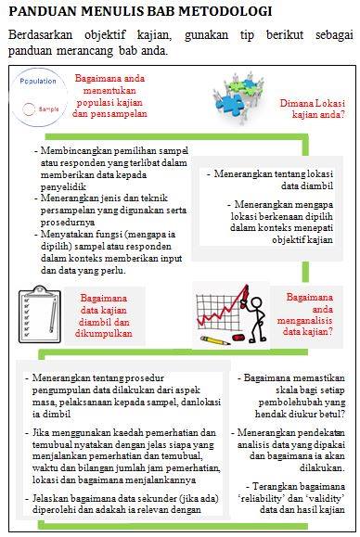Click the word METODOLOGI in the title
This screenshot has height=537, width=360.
click(225, 11)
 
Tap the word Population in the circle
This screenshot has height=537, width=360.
click(38, 82)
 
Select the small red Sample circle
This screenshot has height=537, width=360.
click(29, 109)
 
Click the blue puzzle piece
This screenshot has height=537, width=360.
click(228, 103)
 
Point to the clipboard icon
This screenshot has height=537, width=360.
click(40, 314)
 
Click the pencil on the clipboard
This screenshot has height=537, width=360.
click(53, 315)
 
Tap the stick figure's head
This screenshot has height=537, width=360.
click(256, 303)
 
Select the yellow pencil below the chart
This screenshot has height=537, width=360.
click(214, 340)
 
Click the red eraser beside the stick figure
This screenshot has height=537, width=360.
click(238, 338)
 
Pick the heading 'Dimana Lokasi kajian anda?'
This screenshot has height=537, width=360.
click(312, 109)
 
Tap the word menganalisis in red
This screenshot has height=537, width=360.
click(304, 321)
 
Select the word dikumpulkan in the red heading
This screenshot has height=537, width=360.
click(103, 334)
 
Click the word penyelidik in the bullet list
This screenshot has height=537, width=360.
click(63, 187)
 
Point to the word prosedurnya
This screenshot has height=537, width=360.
click(68, 222)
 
